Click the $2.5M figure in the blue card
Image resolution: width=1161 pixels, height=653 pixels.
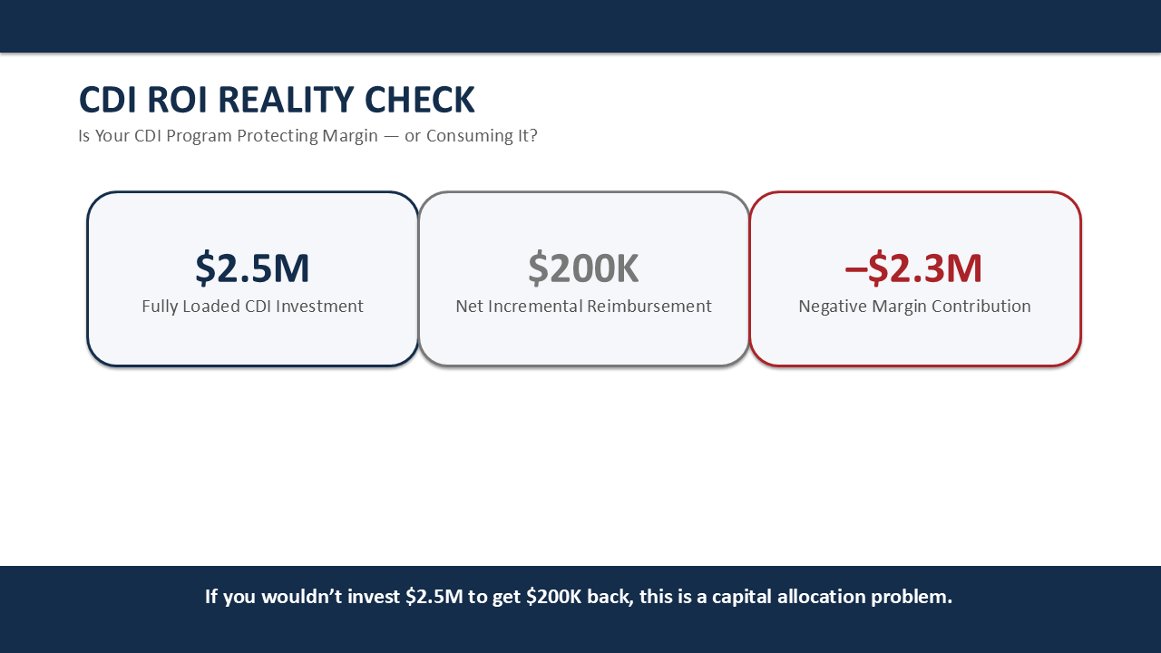tap(252, 268)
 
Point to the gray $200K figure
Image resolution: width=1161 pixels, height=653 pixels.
tap(583, 268)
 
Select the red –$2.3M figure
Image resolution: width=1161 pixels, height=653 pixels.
tap(913, 268)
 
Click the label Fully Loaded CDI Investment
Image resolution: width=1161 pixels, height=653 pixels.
tap(252, 307)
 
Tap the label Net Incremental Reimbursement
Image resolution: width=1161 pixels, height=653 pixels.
tap(583, 307)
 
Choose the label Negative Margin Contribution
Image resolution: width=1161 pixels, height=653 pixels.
tap(914, 307)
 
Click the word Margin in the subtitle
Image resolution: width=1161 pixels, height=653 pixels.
tap(350, 137)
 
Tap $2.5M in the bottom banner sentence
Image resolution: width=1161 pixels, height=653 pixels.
tap(434, 597)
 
